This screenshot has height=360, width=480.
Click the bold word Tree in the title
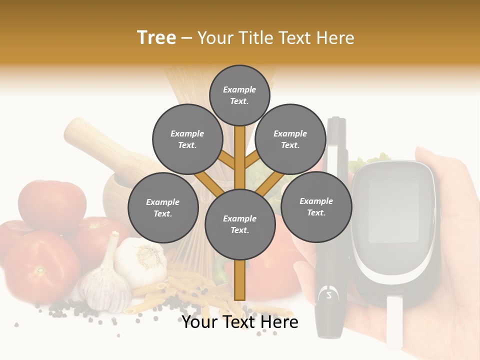tap(156, 38)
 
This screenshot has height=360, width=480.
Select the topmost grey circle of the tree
tap(239, 95)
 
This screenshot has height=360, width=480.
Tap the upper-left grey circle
tap(187, 139)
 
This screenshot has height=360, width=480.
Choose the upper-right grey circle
tap(290, 139)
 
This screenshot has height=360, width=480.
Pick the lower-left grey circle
tap(163, 207)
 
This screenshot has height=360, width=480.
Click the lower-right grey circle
tap(316, 206)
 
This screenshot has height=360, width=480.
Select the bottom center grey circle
tap(240, 224)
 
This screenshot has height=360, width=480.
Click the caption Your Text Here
tap(240, 322)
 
